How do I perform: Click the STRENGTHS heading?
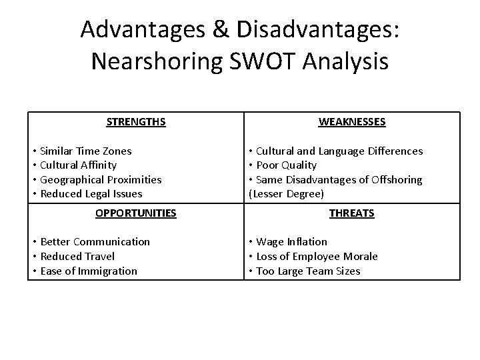pyautogui.click(x=136, y=122)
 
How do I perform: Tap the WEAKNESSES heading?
pyautogui.click(x=351, y=122)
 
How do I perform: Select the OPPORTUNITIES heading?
pyautogui.click(x=136, y=213)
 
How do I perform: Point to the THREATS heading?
pyautogui.click(x=351, y=213)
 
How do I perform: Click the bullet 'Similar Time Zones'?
pyautogui.click(x=86, y=151)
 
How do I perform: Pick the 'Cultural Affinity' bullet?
pyautogui.click(x=79, y=165)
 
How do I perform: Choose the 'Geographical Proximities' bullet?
pyautogui.click(x=101, y=179)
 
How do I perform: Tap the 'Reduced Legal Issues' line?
pyautogui.click(x=91, y=193)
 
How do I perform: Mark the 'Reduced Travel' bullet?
pyautogui.click(x=77, y=256)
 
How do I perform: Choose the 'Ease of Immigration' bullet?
pyautogui.click(x=89, y=271)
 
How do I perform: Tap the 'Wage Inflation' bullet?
pyautogui.click(x=291, y=241)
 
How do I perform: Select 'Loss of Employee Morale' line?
pyautogui.click(x=317, y=256)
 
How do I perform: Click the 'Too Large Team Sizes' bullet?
pyautogui.click(x=308, y=271)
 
